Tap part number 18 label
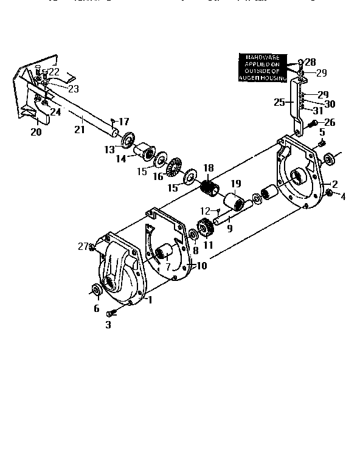pyautogui.click(x=209, y=168)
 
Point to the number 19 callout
pyautogui.click(x=236, y=184)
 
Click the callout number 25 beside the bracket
pyautogui.click(x=279, y=103)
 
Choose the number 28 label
pyautogui.click(x=310, y=62)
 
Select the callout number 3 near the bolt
pyautogui.click(x=109, y=325)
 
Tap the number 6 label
pyautogui.click(x=96, y=308)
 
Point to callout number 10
pyautogui.click(x=201, y=266)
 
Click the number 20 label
pyautogui.click(x=36, y=131)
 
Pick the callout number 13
pyautogui.click(x=109, y=149)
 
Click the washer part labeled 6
pyautogui.click(x=97, y=289)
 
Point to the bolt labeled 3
pyautogui.click(x=112, y=313)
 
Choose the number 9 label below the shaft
pyautogui.click(x=229, y=229)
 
